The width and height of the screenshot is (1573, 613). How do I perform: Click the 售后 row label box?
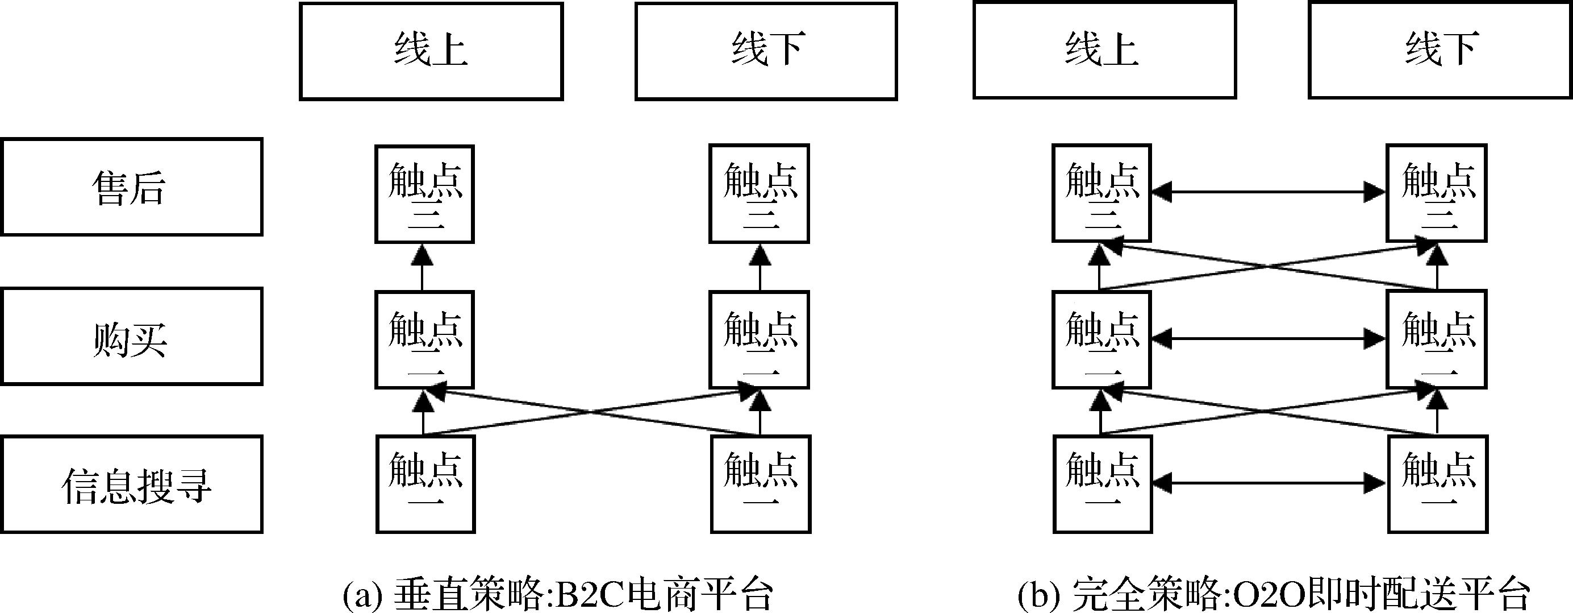(131, 187)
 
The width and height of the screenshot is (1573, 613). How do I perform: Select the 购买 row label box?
(131, 337)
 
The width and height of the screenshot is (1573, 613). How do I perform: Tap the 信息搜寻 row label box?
(131, 484)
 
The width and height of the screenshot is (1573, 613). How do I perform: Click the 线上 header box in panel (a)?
(431, 51)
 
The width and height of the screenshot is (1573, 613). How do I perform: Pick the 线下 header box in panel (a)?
(766, 51)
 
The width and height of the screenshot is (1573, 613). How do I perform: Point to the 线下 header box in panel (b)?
(1440, 49)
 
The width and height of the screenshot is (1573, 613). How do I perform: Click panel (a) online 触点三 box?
(424, 194)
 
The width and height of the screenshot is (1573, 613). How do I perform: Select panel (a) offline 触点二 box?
(759, 340)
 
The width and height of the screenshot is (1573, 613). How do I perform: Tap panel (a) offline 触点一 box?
(761, 484)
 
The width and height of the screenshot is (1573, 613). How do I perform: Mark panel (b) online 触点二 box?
(1101, 340)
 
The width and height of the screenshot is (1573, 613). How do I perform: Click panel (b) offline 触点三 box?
(1436, 193)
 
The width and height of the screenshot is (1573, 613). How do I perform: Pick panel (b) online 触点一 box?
(1103, 484)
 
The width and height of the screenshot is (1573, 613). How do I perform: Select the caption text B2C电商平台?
(662, 594)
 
